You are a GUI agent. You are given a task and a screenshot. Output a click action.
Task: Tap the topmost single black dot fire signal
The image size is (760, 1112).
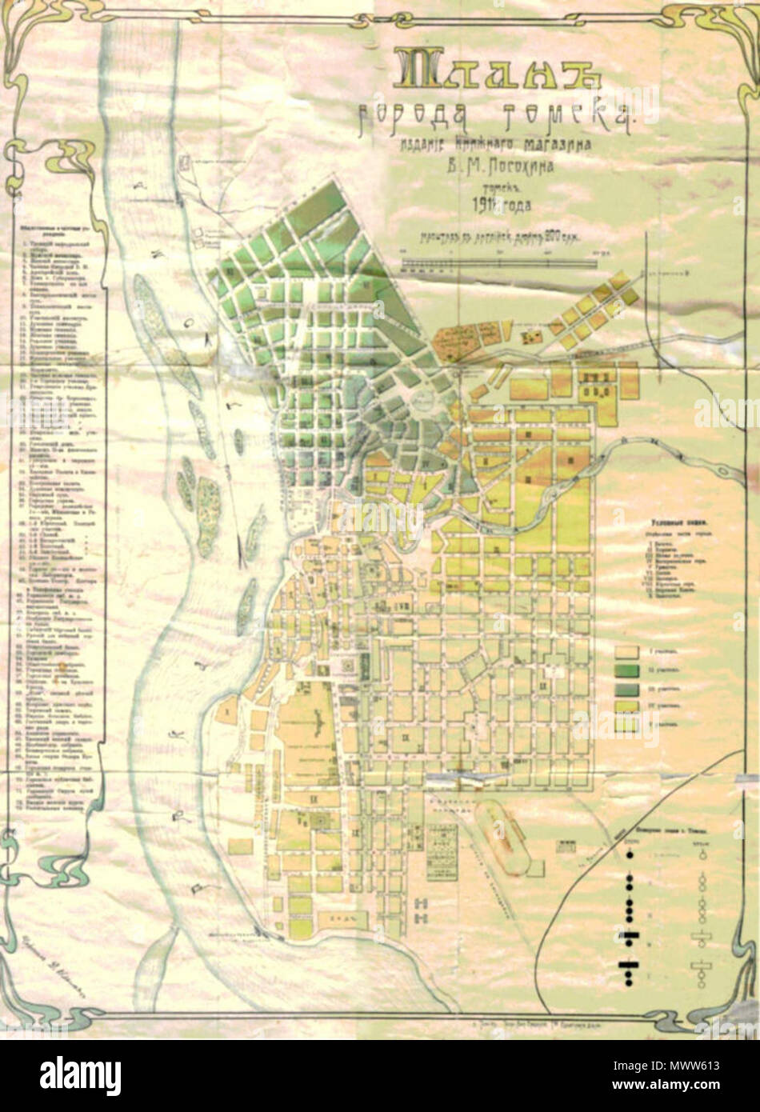629,854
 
